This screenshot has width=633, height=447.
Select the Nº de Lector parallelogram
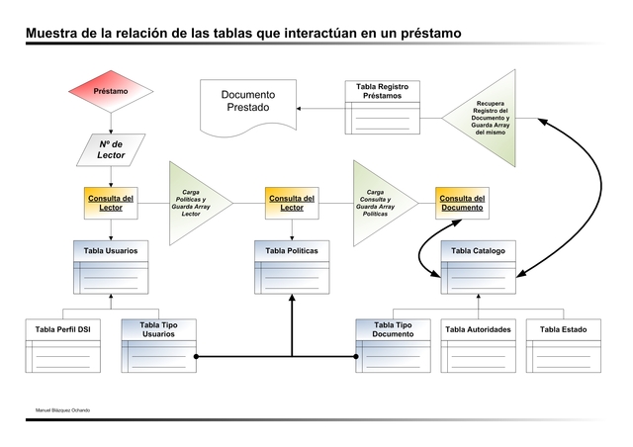[111, 149]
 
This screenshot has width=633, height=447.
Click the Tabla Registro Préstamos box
[382, 107]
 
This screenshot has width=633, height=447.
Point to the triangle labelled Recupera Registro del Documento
[489, 118]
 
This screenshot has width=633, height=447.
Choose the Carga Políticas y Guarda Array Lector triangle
[194, 203]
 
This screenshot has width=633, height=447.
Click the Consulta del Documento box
[462, 203]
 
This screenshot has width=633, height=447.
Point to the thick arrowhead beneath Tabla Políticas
[292, 301]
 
